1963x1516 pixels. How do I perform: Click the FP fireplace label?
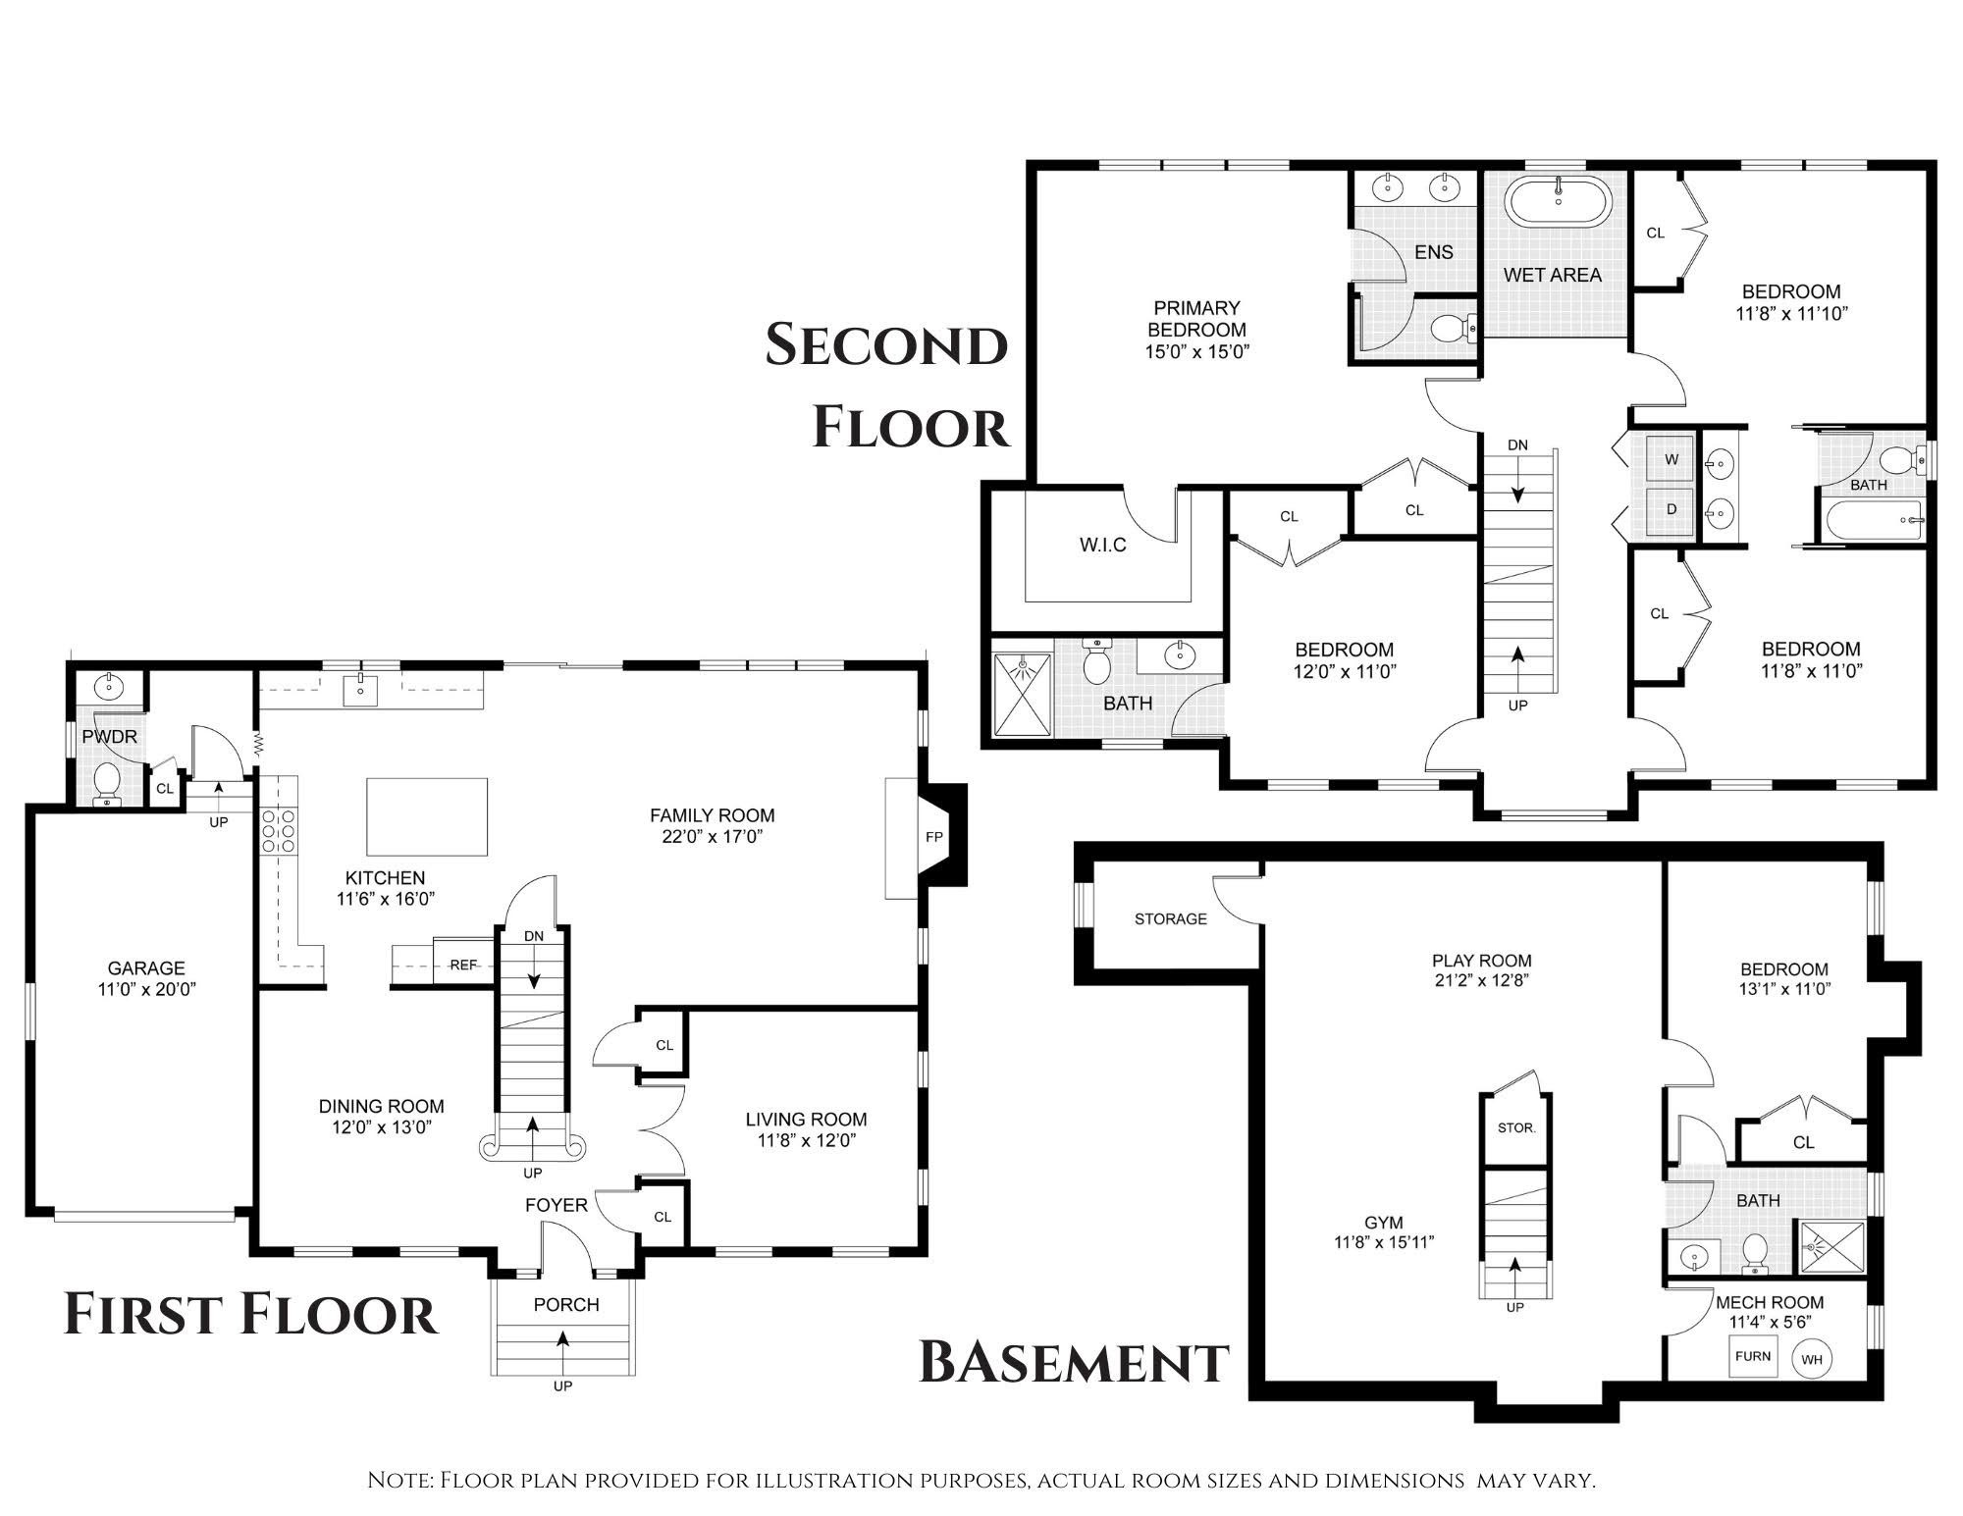click(x=933, y=837)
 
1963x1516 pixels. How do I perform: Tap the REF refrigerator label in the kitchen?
click(x=463, y=965)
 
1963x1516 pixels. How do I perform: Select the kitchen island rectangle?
click(x=427, y=816)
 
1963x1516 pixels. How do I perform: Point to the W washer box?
click(x=1671, y=458)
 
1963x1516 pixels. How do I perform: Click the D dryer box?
click(x=1671, y=510)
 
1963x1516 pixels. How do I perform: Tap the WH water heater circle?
click(x=1812, y=1359)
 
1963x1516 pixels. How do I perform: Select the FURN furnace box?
click(x=1753, y=1357)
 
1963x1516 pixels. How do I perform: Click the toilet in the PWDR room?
click(x=105, y=785)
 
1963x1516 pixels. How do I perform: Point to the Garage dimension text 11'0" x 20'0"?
click(x=146, y=990)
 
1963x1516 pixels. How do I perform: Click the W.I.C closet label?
click(x=1103, y=545)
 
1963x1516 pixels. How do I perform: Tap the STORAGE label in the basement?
click(x=1170, y=918)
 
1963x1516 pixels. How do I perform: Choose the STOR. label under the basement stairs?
click(x=1515, y=1128)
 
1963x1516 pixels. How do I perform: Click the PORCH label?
click(x=566, y=1305)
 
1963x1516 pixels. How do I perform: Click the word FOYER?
click(x=557, y=1205)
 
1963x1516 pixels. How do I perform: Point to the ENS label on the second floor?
click(x=1434, y=252)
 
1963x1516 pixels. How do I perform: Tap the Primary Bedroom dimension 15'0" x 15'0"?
click(x=1197, y=351)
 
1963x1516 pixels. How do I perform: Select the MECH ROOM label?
click(x=1770, y=1302)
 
